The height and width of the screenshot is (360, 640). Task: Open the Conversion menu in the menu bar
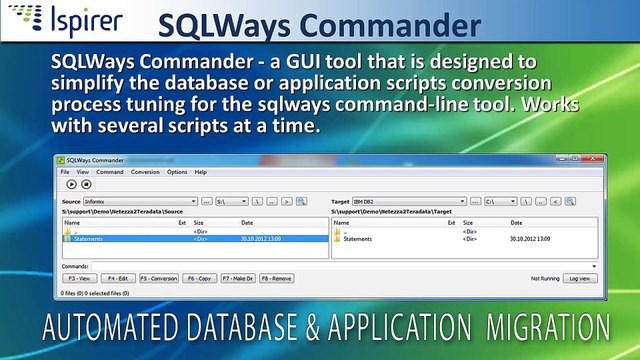tap(144, 172)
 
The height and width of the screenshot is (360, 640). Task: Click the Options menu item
tap(176, 172)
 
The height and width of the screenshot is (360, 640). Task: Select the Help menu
tap(200, 172)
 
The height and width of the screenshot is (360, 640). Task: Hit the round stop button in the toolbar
tap(86, 184)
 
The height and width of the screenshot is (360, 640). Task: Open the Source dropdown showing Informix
tap(140, 201)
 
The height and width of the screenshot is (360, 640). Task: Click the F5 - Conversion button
tap(159, 278)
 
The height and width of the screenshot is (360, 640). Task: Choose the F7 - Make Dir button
tap(238, 278)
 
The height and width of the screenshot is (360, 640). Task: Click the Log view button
tap(581, 278)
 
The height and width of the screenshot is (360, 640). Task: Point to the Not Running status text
tap(544, 278)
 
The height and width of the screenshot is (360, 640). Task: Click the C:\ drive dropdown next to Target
tap(500, 201)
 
